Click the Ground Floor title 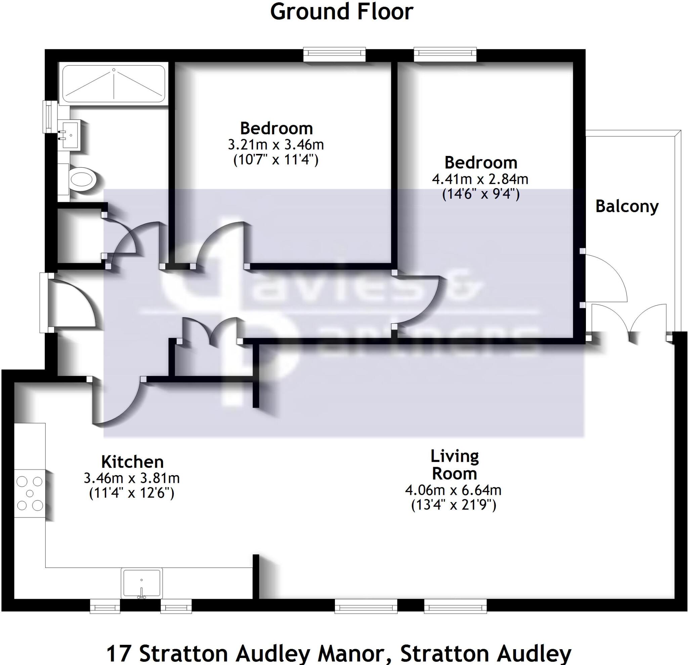click(342, 12)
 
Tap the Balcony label click(627, 206)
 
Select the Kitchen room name click(132, 462)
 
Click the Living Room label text click(454, 465)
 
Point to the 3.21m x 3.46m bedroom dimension click(276, 144)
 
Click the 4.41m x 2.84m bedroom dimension click(480, 179)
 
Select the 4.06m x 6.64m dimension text click(453, 490)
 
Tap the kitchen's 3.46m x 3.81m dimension click(132, 478)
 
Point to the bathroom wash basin click(71, 135)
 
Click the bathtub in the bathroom click(114, 83)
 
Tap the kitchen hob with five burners click(30, 493)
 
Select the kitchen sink click(141, 582)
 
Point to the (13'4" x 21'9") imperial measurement click(454, 505)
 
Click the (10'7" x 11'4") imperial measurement click(276, 160)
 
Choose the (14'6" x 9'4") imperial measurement click(480, 194)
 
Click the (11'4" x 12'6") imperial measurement click(132, 493)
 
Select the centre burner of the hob click(30, 493)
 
